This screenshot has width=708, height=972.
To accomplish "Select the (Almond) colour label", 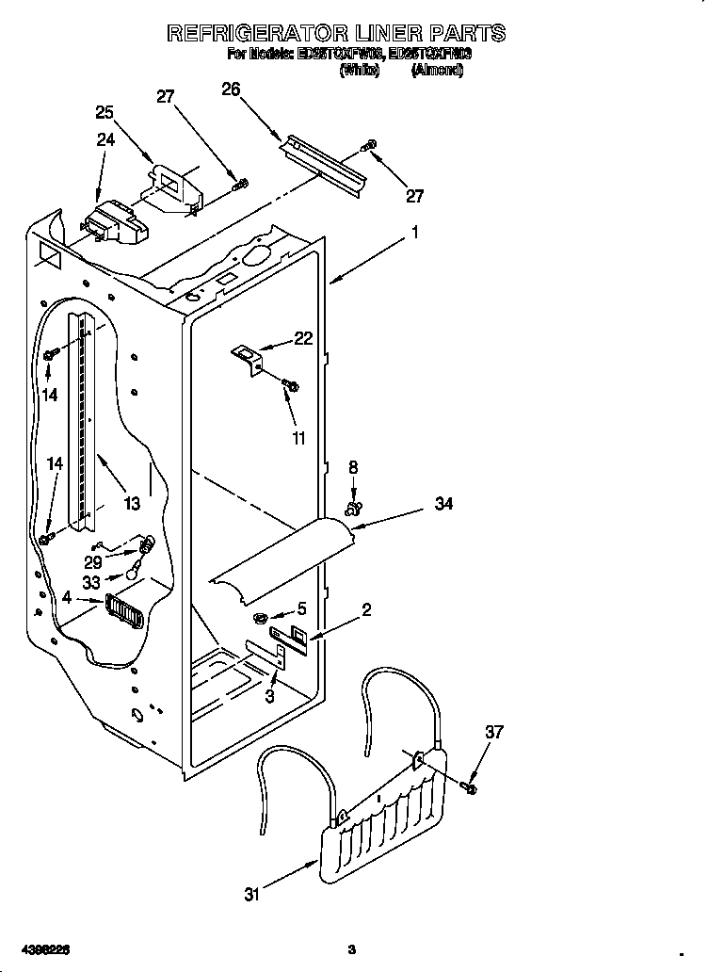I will pos(437,71).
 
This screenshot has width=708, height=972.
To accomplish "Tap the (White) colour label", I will pos(359,71).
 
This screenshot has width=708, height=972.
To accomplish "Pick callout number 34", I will pos(443,505).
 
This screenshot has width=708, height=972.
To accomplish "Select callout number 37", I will pos(493,731).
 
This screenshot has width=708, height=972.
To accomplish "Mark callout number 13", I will pos(132,504).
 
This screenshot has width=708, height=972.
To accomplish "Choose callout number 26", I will pos(231,89).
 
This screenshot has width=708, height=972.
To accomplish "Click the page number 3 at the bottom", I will pos(350,948).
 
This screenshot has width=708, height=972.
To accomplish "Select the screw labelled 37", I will pos(470,784).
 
